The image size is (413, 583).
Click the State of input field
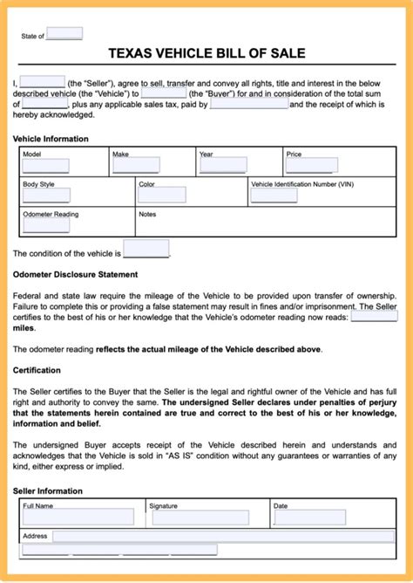(64, 34)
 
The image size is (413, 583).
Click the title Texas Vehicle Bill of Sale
(206, 53)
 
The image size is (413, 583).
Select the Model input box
(45, 165)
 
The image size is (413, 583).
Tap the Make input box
(136, 165)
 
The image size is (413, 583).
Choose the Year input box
(223, 165)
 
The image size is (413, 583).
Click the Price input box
(312, 165)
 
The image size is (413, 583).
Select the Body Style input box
(45, 195)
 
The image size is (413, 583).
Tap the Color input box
(162, 195)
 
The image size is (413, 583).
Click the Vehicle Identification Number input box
(274, 196)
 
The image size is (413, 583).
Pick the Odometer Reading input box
(45, 225)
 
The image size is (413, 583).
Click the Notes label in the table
(147, 214)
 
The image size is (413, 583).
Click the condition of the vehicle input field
(146, 250)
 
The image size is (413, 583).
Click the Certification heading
(37, 370)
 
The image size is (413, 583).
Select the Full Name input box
(78, 518)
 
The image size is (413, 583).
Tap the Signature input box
(200, 518)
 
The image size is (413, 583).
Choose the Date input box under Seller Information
(309, 518)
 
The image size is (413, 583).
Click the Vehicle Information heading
(51, 139)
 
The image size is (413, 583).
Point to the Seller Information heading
(48, 491)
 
